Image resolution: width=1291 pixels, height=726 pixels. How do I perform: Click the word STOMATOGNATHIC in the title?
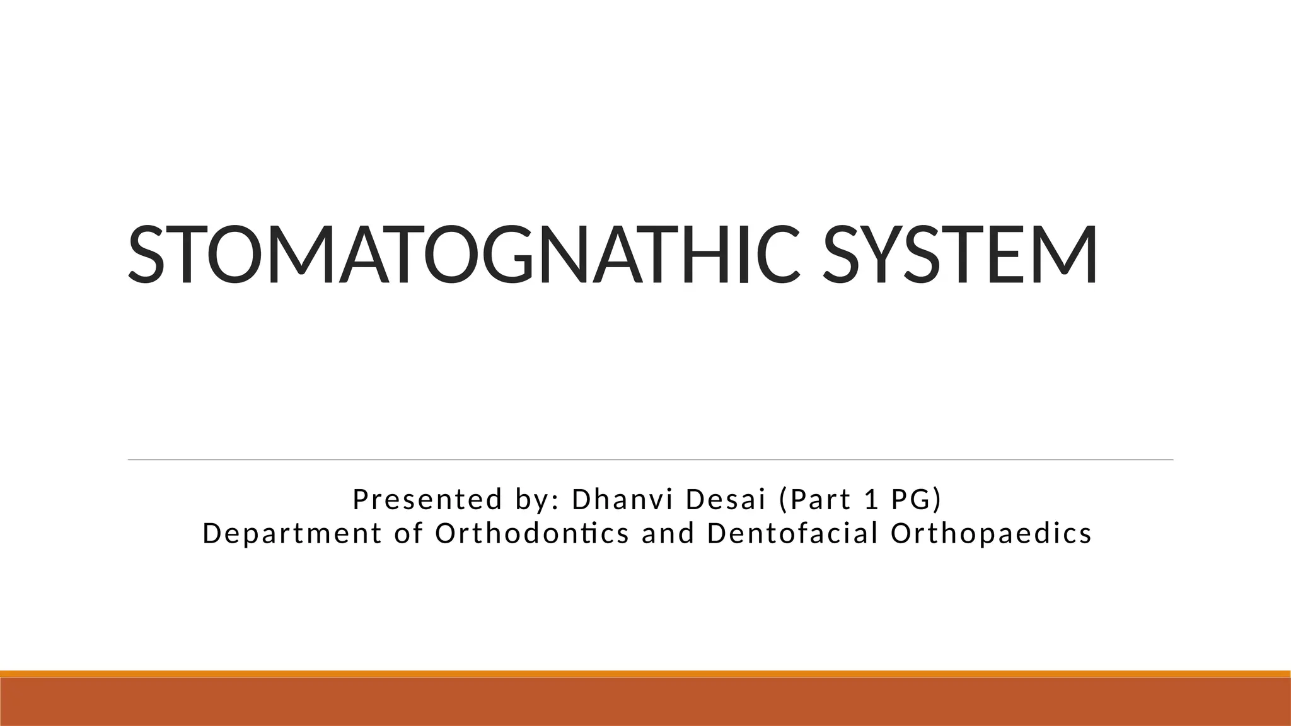[x=463, y=255]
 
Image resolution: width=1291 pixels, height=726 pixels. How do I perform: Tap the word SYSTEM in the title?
[x=960, y=255]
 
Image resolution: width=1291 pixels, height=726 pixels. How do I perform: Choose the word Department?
[x=292, y=534]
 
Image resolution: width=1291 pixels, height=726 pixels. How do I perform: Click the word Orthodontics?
[x=532, y=534]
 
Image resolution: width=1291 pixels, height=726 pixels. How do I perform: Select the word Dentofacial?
[x=793, y=534]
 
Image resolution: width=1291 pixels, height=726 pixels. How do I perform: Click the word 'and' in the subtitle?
[x=668, y=534]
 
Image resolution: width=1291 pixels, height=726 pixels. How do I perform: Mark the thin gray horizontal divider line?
[x=649, y=460]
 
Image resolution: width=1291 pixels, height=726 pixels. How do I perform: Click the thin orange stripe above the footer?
[x=645, y=674]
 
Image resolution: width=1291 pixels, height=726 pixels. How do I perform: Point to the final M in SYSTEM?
[x=1066, y=255]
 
